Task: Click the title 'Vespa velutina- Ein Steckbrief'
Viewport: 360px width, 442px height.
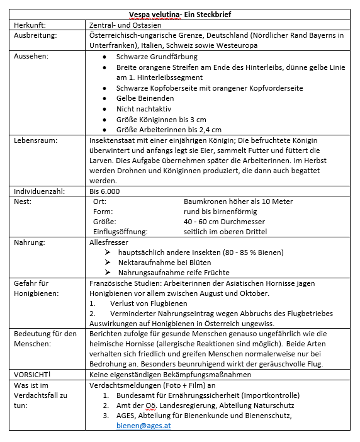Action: click(x=181, y=15)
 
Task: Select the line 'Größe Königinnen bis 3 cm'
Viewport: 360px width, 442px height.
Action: click(x=161, y=120)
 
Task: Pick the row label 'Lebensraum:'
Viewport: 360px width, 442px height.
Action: click(x=36, y=140)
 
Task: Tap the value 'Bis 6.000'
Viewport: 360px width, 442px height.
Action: click(x=104, y=191)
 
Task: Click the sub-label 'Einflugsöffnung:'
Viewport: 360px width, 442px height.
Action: click(x=120, y=232)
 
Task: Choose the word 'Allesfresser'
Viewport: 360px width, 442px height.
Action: click(x=110, y=242)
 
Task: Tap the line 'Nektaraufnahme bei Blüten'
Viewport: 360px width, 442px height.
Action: click(x=165, y=263)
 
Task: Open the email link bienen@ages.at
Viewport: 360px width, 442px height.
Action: click(x=143, y=425)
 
